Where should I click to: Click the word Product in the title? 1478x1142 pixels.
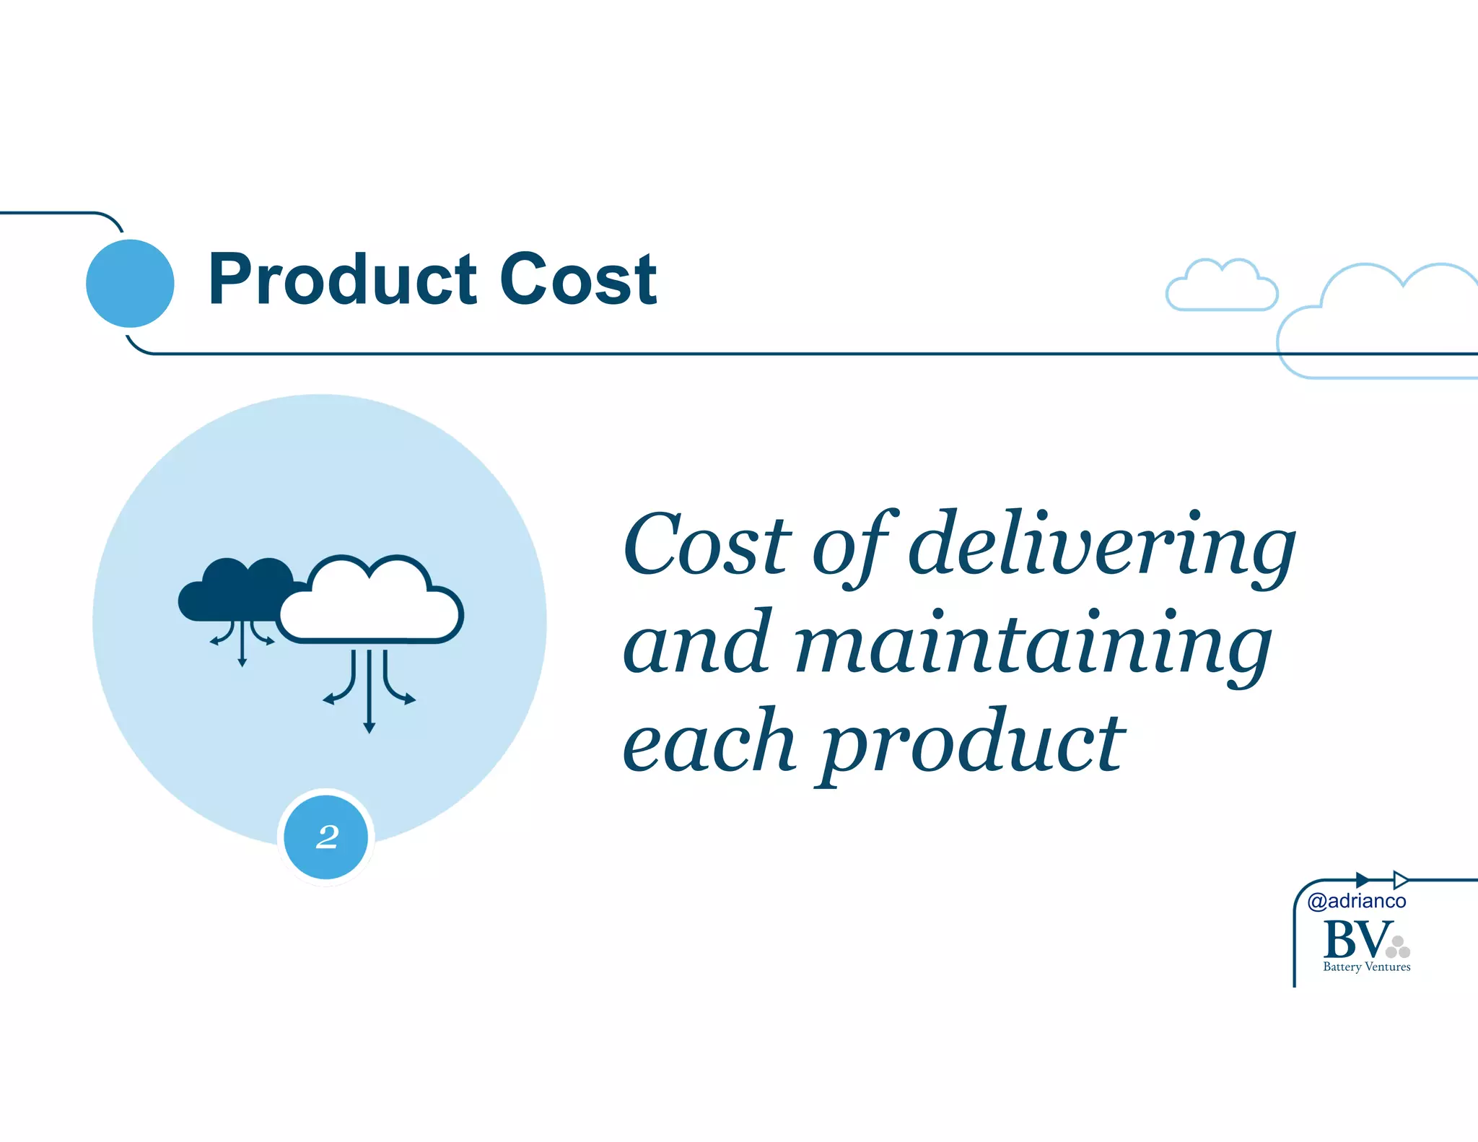coord(342,279)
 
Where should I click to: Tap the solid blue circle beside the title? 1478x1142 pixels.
coord(130,283)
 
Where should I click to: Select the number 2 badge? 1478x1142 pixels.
coord(326,837)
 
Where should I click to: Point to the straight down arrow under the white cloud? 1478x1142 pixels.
coord(369,693)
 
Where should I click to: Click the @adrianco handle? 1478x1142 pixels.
coord(1357,901)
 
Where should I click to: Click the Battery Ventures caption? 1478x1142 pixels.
coord(1366,967)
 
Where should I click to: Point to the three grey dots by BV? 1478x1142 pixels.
coord(1398,947)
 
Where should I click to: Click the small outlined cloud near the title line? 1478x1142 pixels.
coord(1222,286)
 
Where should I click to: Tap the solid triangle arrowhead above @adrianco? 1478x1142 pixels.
coord(1362,880)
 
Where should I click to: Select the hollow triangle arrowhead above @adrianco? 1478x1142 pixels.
coord(1400,880)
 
